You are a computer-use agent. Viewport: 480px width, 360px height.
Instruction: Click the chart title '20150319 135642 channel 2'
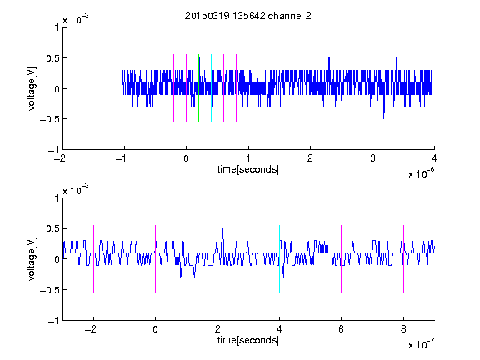[x=248, y=16]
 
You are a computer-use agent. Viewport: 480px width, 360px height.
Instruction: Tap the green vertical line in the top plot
[x=198, y=88]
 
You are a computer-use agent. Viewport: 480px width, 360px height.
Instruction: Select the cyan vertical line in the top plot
[x=211, y=88]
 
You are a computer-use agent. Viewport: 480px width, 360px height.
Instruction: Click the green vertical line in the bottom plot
[x=217, y=259]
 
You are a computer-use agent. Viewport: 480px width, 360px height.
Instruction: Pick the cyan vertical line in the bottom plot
[x=279, y=259]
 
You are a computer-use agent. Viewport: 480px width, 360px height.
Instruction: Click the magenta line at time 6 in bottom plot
[x=342, y=259]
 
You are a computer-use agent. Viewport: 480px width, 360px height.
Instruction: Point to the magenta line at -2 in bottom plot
[x=93, y=259]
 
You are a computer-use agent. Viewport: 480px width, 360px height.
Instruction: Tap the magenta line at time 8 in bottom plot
[x=404, y=259]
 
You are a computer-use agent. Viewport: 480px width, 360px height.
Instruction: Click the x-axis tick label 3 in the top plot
[x=372, y=158]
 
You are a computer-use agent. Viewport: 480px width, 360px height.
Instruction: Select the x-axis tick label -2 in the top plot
[x=60, y=158]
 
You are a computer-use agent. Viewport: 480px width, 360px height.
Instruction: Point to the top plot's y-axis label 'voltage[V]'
[x=32, y=88]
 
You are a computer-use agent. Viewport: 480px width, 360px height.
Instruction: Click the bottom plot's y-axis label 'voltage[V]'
[x=32, y=259]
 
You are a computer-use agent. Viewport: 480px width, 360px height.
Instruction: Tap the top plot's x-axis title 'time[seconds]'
[x=248, y=169]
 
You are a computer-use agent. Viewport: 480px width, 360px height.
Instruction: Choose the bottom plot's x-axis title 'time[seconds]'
[x=248, y=340]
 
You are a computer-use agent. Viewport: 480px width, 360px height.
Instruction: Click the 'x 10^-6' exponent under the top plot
[x=421, y=172]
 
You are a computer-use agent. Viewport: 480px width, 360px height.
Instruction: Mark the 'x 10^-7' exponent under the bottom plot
[x=421, y=343]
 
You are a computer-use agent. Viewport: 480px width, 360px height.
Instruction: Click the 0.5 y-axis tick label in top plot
[x=52, y=58]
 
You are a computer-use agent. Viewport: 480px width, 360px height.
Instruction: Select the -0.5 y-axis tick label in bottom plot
[x=49, y=290]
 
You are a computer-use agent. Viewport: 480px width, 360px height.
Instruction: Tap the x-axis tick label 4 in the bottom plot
[x=279, y=329]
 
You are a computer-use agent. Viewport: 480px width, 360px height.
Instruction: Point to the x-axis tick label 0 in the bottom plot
[x=155, y=329]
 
